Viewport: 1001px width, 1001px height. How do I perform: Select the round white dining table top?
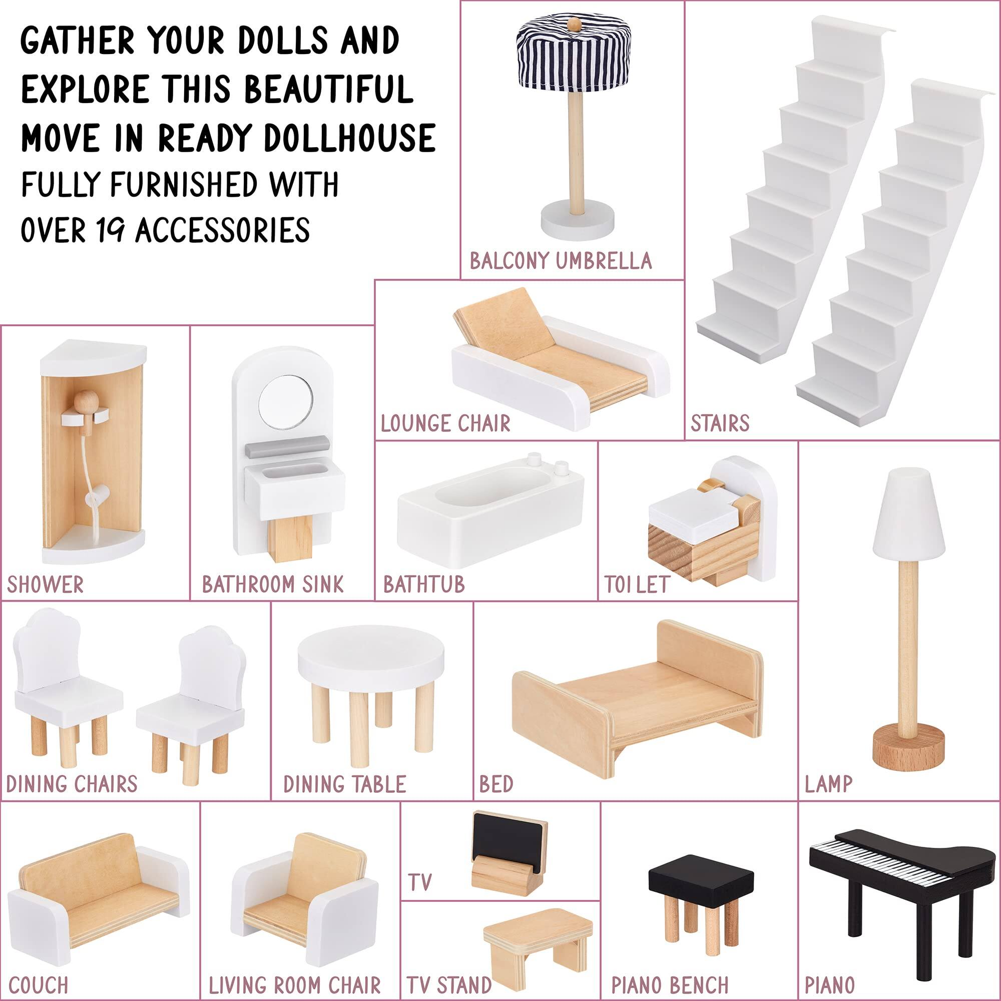click(371, 661)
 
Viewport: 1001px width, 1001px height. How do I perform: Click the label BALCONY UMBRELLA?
click(560, 261)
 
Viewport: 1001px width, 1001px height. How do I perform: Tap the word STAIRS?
click(720, 424)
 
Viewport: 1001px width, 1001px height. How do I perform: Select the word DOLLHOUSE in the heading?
click(350, 138)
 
